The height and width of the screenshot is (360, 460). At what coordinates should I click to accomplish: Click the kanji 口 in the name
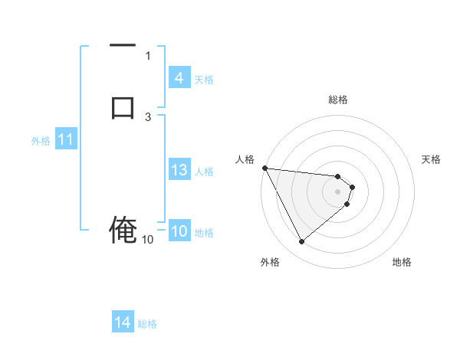[x=123, y=106]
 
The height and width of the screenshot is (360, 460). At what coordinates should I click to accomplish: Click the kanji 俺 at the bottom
[x=123, y=230]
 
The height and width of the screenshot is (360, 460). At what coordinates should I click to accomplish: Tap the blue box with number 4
[x=179, y=78]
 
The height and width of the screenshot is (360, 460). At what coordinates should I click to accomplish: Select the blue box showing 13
[x=179, y=170]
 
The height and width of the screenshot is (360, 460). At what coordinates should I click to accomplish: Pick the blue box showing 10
[x=179, y=232]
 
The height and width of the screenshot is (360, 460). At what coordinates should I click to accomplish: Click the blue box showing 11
[x=65, y=140]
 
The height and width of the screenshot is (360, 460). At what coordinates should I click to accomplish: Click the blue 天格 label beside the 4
[x=204, y=79]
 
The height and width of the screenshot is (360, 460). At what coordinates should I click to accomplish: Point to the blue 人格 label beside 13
[x=205, y=171]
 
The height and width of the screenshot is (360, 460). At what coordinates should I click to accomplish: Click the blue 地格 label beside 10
[x=205, y=233]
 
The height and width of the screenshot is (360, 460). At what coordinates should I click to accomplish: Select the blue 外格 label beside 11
[x=41, y=141]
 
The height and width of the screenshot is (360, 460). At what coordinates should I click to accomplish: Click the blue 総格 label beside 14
[x=147, y=324]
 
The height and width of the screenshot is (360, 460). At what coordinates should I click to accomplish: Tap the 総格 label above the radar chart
[x=338, y=100]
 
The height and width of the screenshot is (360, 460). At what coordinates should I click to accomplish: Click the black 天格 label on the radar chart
[x=432, y=159]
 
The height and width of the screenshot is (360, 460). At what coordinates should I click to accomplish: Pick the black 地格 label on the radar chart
[x=402, y=262]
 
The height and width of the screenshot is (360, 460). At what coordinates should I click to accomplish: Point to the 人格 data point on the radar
[x=264, y=168]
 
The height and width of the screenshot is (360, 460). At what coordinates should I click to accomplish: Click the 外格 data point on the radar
[x=301, y=242]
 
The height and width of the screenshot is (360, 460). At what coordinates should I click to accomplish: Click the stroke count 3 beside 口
[x=149, y=116]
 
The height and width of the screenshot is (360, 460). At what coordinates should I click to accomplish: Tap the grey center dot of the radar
[x=338, y=191]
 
